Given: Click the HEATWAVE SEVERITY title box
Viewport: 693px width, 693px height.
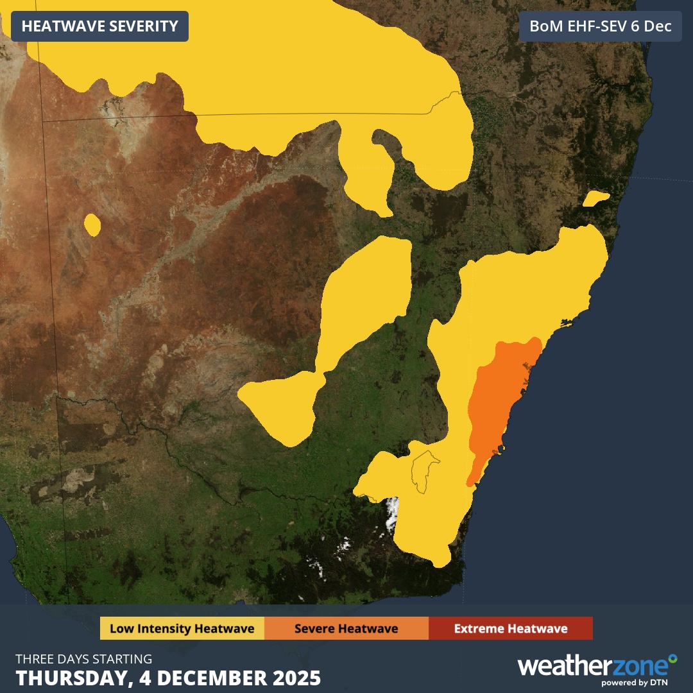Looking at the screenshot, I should (99, 26).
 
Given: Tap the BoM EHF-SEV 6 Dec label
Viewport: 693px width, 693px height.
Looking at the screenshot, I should (600, 26).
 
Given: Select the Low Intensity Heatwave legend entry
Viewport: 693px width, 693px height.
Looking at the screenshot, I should (182, 628).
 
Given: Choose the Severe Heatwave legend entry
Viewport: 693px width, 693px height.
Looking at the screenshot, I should (346, 628).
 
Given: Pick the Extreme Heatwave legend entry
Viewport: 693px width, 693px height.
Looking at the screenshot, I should (510, 628).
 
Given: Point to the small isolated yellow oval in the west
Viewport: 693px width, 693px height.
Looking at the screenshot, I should (92, 225).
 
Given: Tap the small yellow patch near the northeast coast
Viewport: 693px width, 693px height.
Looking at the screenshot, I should (595, 199).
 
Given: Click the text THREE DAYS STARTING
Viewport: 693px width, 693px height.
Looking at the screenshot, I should (84, 659).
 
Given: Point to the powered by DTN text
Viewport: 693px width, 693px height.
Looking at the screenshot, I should (638, 682).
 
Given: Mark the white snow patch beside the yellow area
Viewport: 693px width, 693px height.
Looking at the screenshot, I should (391, 513).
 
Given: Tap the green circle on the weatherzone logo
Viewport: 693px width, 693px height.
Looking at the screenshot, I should (672, 658).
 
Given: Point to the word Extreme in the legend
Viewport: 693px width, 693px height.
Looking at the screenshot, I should (477, 628).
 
